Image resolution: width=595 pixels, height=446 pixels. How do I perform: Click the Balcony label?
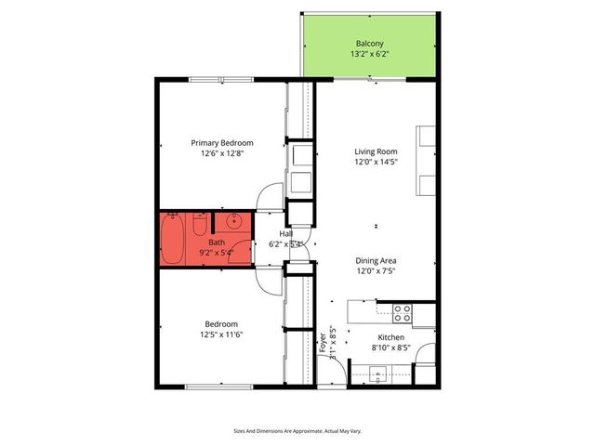tap(368, 44)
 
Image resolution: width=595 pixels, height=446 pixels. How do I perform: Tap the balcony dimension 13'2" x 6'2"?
tap(368, 55)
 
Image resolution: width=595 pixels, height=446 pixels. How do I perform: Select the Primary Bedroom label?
tap(222, 142)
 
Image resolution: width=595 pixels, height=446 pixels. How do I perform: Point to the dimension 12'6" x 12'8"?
tap(222, 153)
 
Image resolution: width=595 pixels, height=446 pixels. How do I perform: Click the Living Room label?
tap(376, 151)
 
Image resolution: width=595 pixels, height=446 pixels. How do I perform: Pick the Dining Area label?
tap(376, 261)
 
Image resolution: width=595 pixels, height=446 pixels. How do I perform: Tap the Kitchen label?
tap(390, 336)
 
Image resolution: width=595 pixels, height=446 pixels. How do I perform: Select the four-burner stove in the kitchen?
tap(402, 313)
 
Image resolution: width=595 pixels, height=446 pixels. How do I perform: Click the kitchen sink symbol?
tap(377, 374)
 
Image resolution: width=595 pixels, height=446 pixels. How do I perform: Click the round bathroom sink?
tap(232, 222)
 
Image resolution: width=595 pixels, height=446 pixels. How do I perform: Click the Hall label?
tap(273, 233)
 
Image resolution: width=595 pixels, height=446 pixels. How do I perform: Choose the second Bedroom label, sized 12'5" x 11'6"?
tap(221, 323)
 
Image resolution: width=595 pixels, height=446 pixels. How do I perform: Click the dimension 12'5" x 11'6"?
tap(221, 334)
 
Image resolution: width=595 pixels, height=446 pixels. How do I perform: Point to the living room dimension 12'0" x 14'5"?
tap(376, 163)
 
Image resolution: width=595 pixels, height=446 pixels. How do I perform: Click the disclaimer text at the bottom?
tap(297, 430)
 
